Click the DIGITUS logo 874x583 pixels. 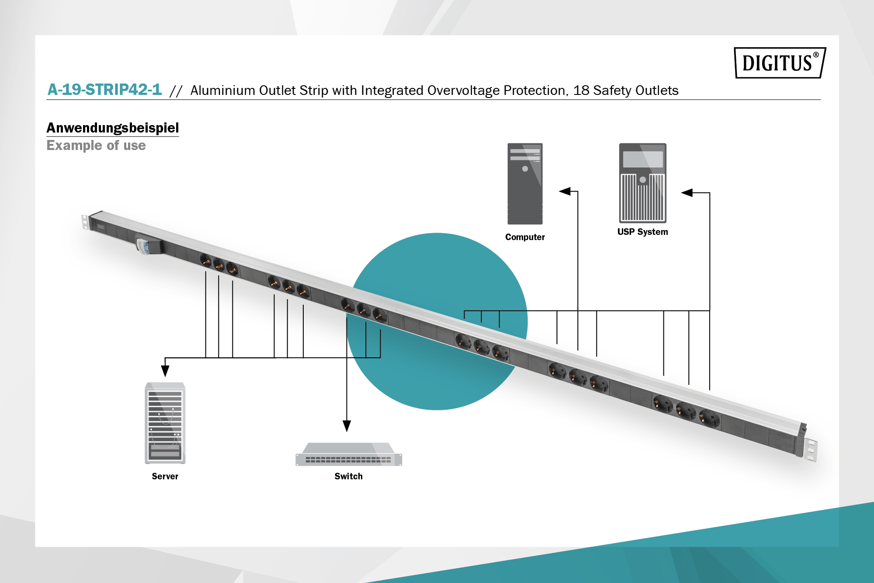click(x=780, y=63)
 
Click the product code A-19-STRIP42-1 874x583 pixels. click(x=104, y=90)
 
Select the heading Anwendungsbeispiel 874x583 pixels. click(x=113, y=128)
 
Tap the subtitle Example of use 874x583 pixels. click(x=96, y=145)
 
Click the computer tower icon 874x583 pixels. click(x=525, y=184)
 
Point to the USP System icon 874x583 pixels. click(x=642, y=183)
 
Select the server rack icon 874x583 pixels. click(x=165, y=423)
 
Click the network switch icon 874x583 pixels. click(x=349, y=454)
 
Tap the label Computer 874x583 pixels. click(x=525, y=237)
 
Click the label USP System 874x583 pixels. click(x=642, y=232)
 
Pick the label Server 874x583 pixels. click(x=165, y=476)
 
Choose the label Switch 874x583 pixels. click(x=348, y=476)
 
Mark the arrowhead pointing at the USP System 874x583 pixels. click(x=687, y=192)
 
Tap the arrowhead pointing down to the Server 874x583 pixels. click(x=165, y=371)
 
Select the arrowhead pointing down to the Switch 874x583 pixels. click(x=347, y=426)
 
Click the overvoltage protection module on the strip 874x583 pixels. click(x=147, y=244)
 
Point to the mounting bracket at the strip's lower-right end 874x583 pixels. click(x=811, y=449)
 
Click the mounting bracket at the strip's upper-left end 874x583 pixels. click(x=85, y=222)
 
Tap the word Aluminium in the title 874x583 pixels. click(x=223, y=90)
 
